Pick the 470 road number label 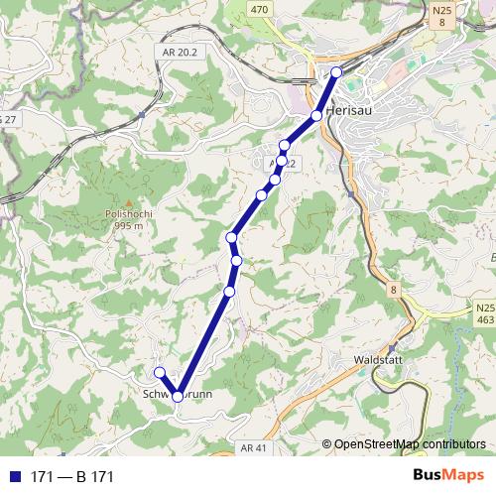pos(260,9)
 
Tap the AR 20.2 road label pos(176,51)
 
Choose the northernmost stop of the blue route pos(336,71)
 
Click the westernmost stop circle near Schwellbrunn pos(159,372)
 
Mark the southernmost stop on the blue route pos(178,396)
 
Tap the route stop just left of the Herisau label pos(316,116)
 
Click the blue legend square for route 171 pos(14,477)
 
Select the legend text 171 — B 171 pos(72,477)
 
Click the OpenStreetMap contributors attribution pos(409,443)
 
